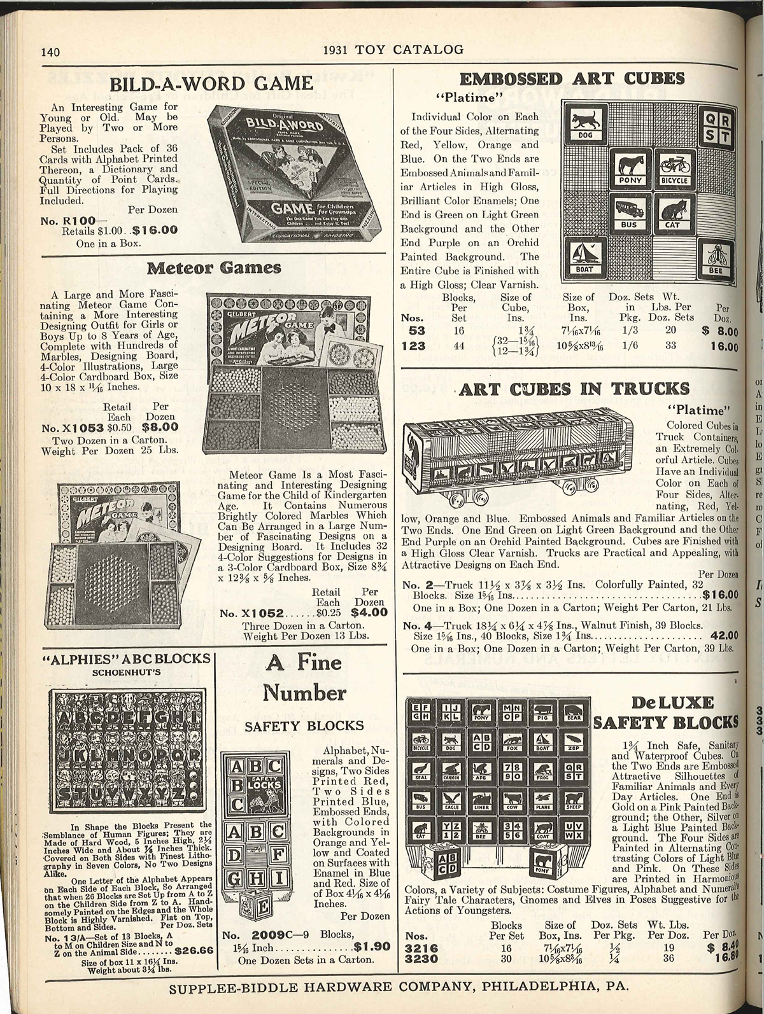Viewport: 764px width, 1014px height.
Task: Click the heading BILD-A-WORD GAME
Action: [x=211, y=84]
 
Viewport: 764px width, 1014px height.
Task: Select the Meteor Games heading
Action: [x=214, y=268]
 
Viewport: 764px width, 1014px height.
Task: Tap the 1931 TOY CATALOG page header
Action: [x=393, y=50]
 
